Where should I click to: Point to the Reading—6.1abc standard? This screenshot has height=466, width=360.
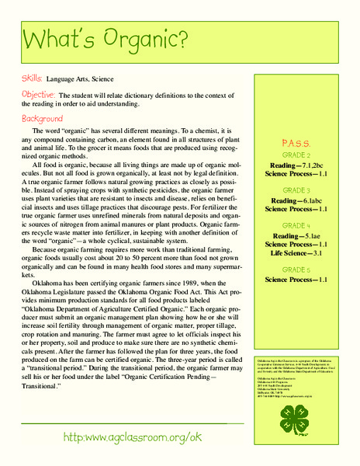[x=289, y=200]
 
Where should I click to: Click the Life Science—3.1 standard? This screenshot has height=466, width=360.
[x=289, y=253]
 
